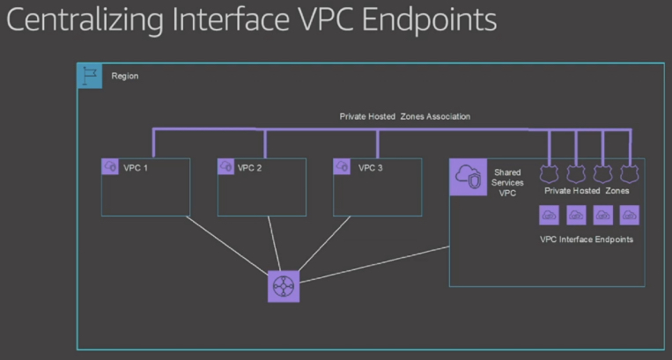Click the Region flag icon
coord(88,76)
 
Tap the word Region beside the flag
coord(124,77)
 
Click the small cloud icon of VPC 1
coord(111,166)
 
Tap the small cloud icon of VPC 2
coord(226,166)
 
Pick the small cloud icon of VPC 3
coord(343,166)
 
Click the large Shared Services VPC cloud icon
coord(468,177)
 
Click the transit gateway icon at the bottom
coord(284,287)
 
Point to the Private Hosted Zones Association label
coord(404,115)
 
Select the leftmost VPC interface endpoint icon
coord(550,215)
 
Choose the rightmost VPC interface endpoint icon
coord(629,215)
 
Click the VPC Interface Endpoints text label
coord(587,239)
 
